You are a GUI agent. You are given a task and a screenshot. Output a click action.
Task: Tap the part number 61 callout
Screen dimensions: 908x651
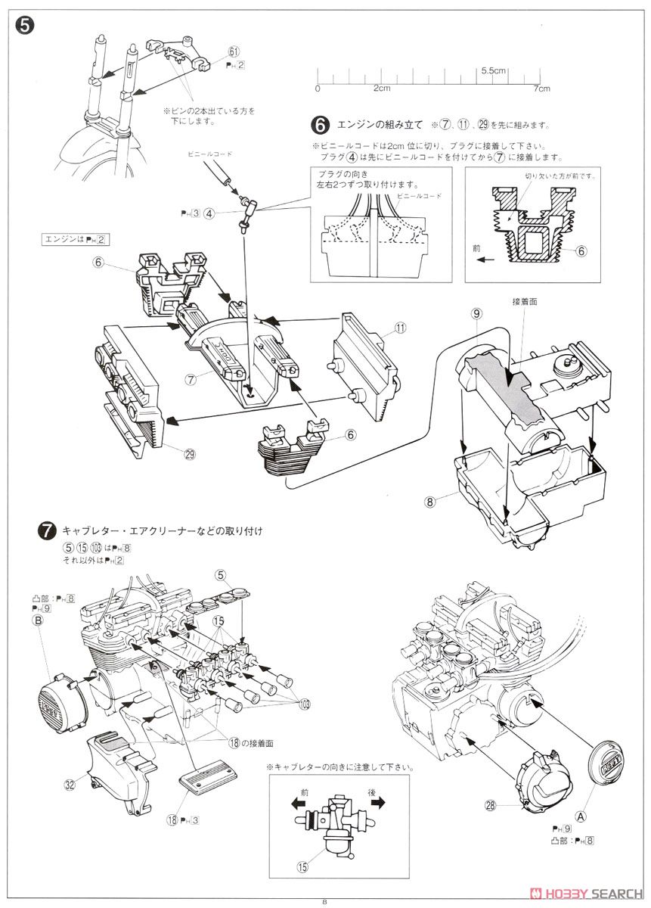point(234,51)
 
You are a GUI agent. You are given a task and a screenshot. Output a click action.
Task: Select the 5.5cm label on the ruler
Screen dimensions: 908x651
point(492,70)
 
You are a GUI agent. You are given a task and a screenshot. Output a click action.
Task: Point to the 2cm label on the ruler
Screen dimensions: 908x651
point(381,89)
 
